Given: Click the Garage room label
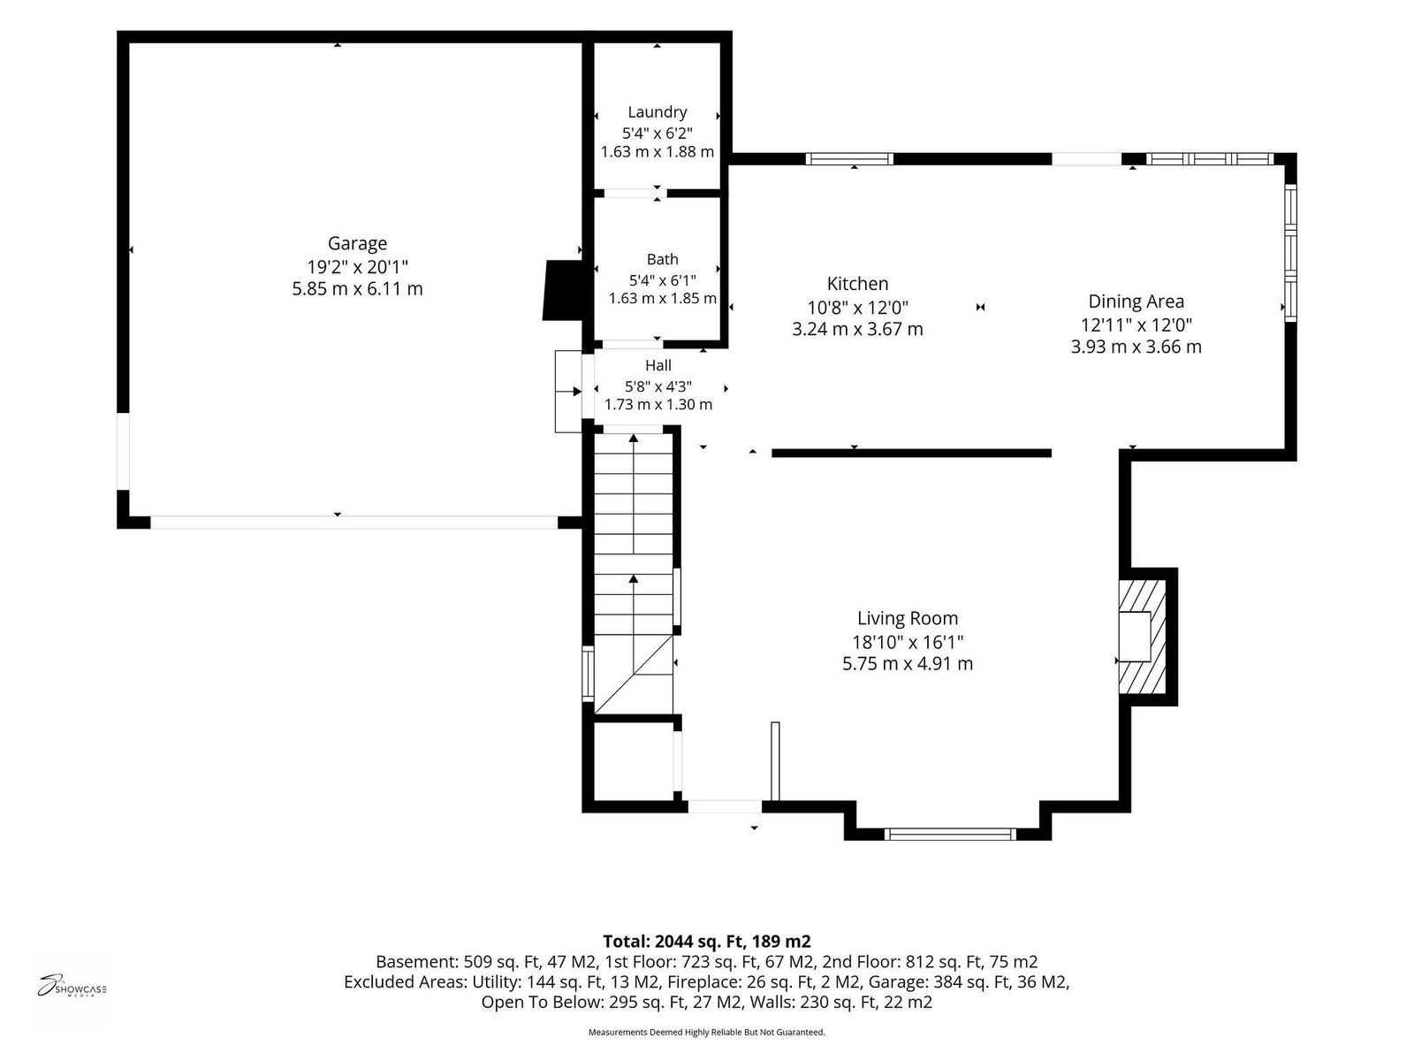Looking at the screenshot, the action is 357,243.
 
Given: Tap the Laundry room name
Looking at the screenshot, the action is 658,112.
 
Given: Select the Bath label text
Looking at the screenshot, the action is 662,259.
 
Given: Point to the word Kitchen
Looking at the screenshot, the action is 857,284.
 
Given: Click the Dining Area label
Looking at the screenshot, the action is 1136,302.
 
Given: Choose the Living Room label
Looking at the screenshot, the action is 907,618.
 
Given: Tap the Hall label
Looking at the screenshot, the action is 658,365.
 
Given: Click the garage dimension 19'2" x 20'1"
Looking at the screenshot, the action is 358,266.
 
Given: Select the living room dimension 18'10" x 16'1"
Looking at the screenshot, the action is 908,642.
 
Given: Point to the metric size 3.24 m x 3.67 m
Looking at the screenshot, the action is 857,329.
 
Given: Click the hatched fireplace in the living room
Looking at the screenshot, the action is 1142,637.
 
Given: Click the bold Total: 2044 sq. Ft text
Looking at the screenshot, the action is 707,941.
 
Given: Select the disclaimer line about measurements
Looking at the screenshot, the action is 707,1032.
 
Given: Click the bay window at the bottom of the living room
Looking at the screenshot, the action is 949,835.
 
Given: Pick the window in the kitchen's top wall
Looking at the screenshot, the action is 849,159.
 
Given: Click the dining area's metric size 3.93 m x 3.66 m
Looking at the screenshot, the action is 1136,347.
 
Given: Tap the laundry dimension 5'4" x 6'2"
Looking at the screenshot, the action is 658,134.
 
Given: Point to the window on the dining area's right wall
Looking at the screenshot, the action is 1290,253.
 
